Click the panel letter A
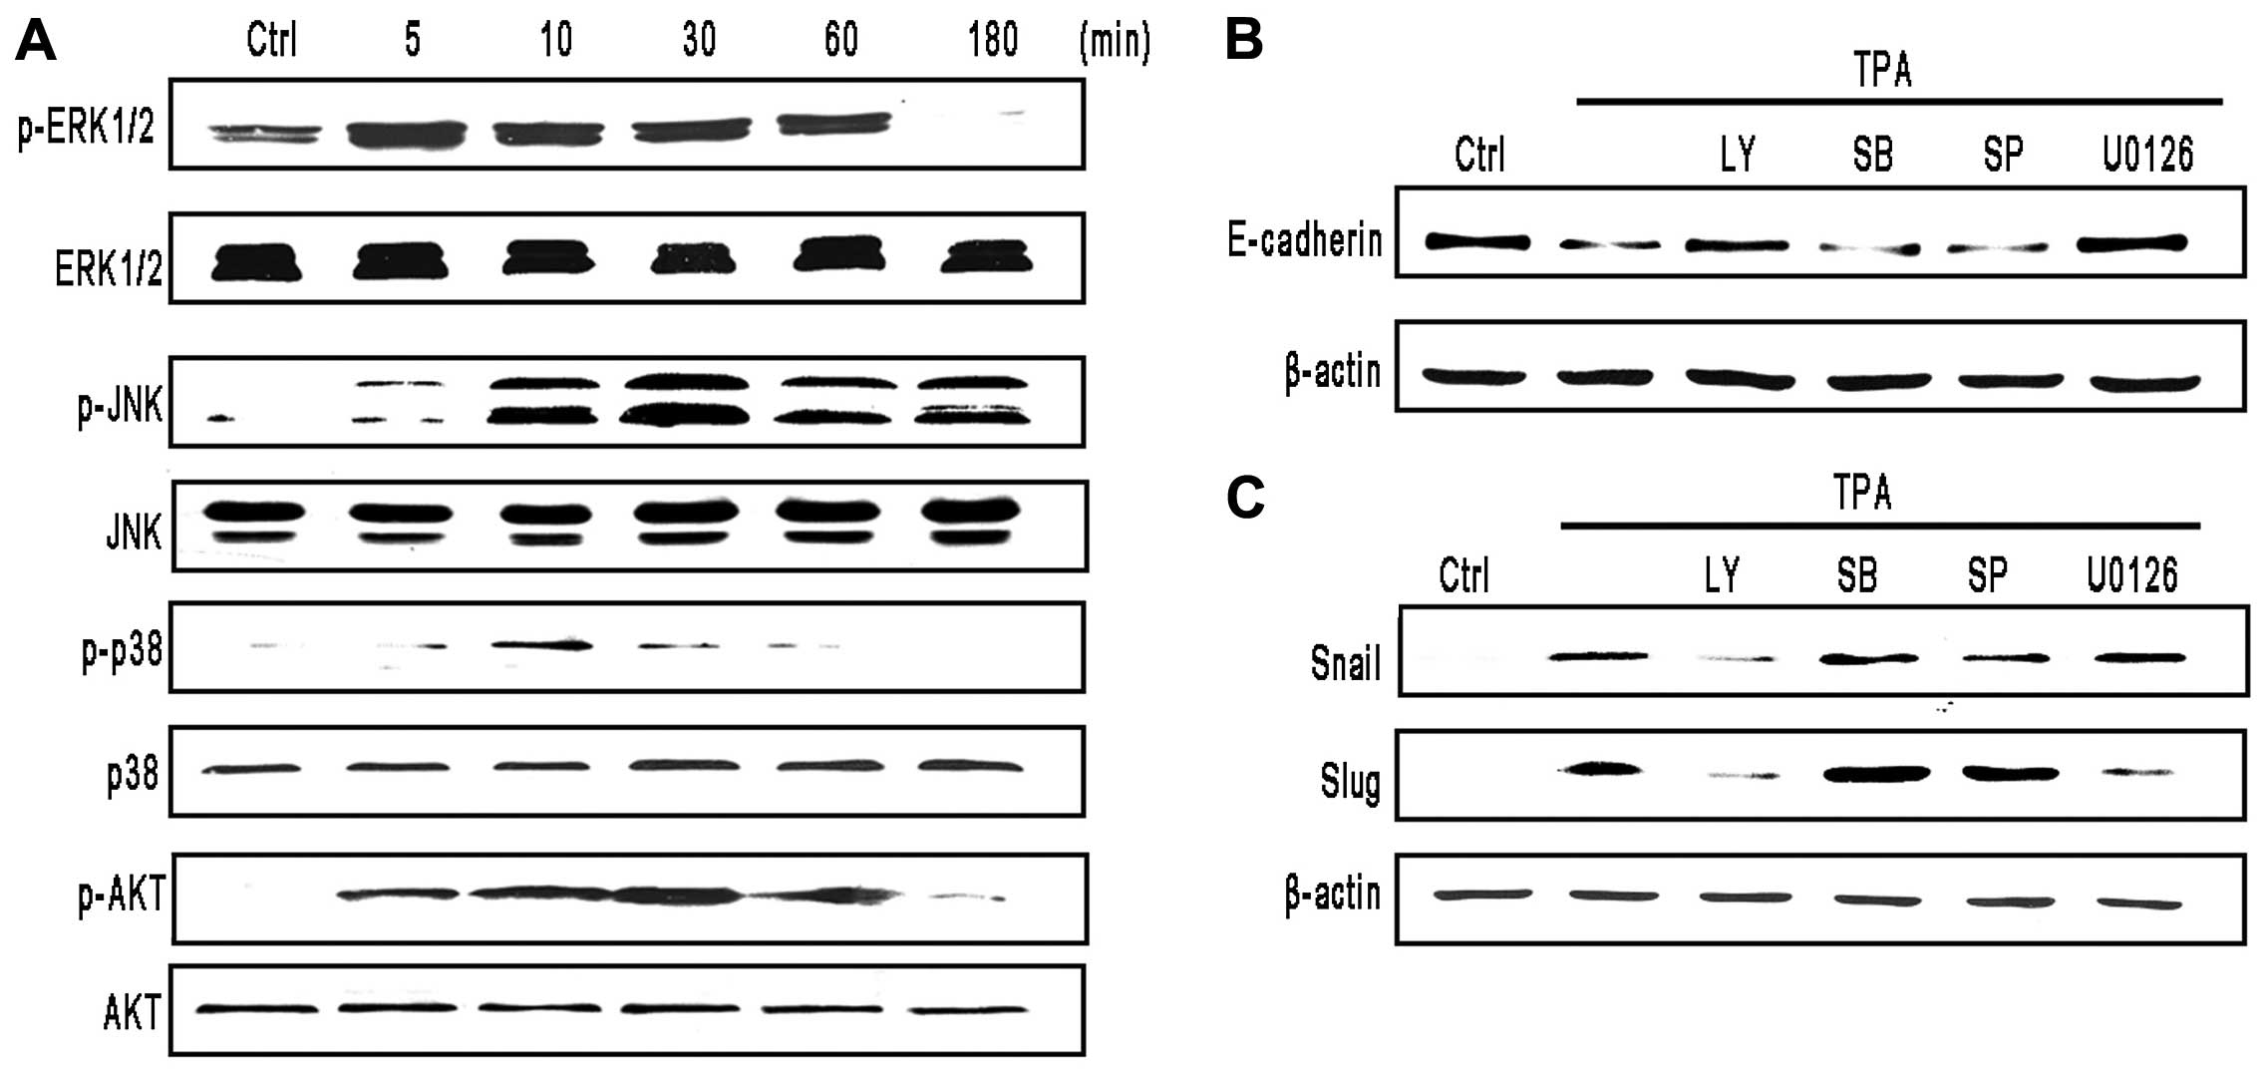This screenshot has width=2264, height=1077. click(x=36, y=42)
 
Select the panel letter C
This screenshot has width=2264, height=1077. click(x=1245, y=498)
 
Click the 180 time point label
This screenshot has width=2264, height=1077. click(x=992, y=41)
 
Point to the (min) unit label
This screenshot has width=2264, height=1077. click(x=1114, y=42)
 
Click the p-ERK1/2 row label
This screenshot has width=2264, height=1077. click(x=87, y=129)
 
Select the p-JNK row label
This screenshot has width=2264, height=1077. click(x=120, y=406)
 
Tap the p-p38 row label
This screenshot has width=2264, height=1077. click(x=122, y=653)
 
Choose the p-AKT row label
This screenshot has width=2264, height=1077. click(x=122, y=897)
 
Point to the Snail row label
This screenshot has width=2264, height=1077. click(x=1346, y=663)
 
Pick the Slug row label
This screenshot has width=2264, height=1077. click(x=1351, y=781)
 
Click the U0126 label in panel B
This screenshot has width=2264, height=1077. click(x=2147, y=155)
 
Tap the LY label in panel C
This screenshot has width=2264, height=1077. click(x=1722, y=575)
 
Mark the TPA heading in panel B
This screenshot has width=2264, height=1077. click(x=1881, y=71)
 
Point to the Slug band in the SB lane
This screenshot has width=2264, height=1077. click(x=1876, y=773)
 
